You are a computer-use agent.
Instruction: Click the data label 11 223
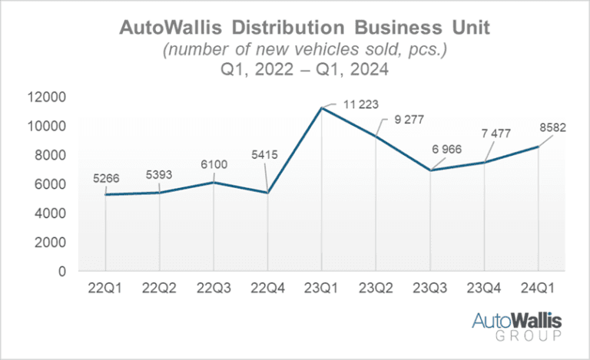360,104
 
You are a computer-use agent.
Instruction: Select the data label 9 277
409,120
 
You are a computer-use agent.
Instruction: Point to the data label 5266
106,178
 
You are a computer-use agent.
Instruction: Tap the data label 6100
214,164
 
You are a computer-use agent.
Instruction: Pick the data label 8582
553,127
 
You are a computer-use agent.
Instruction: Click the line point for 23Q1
322,108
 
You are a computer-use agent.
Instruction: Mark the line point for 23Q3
430,170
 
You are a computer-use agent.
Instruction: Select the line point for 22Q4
268,193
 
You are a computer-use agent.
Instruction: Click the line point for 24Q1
538,147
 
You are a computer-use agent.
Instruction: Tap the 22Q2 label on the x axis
159,288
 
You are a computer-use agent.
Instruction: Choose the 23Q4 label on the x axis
484,288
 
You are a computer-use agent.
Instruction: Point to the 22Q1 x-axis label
105,288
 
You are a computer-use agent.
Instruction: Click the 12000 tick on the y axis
47,97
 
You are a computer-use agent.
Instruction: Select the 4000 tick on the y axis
50,213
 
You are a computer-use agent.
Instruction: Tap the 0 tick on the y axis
62,271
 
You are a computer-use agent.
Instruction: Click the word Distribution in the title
288,28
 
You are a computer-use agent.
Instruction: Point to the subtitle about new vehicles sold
305,49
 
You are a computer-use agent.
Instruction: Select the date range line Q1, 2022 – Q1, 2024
304,69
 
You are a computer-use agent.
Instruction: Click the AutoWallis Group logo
517,325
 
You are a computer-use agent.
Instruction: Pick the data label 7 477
496,134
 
